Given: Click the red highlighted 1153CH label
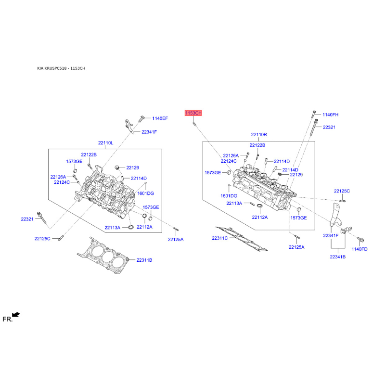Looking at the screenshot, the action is [193, 113].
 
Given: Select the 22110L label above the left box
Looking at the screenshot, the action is [105, 143].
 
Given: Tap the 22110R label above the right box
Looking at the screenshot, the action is [259, 135].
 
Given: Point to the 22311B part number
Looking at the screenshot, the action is [144, 260].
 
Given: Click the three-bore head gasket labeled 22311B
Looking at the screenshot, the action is [103, 256].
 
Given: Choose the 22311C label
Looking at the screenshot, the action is [219, 238].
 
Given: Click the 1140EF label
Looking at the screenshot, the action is [160, 118].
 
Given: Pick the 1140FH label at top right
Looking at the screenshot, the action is [330, 115].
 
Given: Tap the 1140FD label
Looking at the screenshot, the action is [359, 249].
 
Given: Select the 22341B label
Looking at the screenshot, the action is [338, 257].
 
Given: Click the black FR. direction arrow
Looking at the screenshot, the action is [16, 315].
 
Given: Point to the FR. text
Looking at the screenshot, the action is [7, 319].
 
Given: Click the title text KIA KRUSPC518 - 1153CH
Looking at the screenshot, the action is [61, 68].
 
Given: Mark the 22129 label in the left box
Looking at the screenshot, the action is [133, 167].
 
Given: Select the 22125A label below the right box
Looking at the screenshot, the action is [296, 247].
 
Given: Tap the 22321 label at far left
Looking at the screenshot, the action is [27, 219].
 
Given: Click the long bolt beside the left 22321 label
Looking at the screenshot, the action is [41, 218].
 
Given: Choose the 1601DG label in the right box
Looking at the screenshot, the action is [229, 196].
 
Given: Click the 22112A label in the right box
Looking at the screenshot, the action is [260, 218].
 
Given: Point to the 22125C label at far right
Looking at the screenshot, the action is [342, 191].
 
